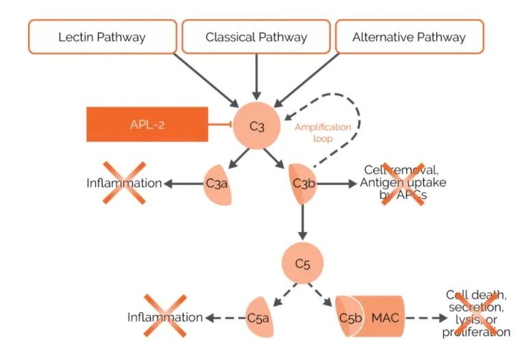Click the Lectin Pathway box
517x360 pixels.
[x=102, y=37]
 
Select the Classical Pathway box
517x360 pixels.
[x=256, y=37]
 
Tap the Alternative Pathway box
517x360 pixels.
[x=409, y=37]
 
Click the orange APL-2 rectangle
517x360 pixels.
[x=147, y=125]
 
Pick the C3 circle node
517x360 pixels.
[x=256, y=125]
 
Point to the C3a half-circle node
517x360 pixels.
[x=216, y=183]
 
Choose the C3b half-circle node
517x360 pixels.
[x=302, y=183]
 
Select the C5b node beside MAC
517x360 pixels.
[x=349, y=317]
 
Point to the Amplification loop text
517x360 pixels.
[x=323, y=133]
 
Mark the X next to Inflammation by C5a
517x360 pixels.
[x=164, y=316]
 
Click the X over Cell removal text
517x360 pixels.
[x=403, y=183]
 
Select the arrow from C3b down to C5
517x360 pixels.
[x=302, y=221]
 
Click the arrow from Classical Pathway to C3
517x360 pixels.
[x=256, y=75]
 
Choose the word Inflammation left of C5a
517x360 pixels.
[x=165, y=317]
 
